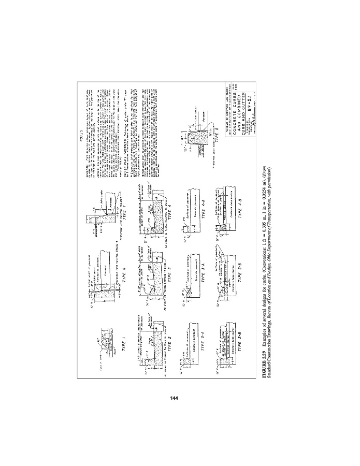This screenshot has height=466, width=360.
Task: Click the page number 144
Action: click(x=174, y=398)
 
